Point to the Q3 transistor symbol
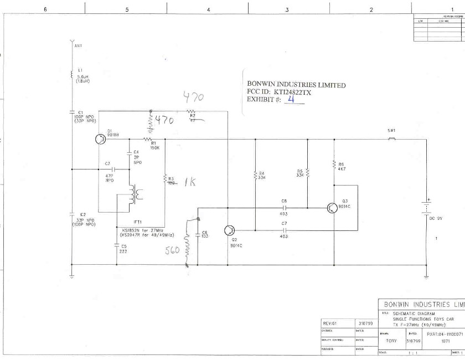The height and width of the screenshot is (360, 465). (x=331, y=208)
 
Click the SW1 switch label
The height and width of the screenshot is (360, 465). (x=391, y=131)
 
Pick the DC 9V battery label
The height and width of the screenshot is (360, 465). (x=436, y=218)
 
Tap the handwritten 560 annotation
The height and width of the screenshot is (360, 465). (x=173, y=250)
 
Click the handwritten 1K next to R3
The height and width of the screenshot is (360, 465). (x=189, y=182)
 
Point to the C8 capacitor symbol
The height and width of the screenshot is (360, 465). (x=283, y=208)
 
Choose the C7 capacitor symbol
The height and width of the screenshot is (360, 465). (x=283, y=228)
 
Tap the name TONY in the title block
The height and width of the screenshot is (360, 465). (x=391, y=341)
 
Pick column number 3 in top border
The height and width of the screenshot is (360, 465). (x=287, y=10)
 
